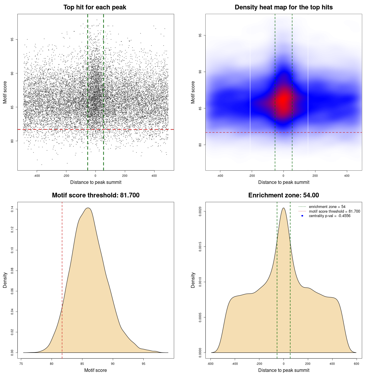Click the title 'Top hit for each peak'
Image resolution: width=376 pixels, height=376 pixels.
95,7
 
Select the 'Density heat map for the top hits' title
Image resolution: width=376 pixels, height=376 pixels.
283,7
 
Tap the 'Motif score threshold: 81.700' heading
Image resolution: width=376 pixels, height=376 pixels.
95,195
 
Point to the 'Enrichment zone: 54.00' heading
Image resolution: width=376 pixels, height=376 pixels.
283,195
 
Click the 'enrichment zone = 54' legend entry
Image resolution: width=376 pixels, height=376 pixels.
327,207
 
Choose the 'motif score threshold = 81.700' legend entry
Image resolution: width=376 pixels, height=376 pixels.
334,211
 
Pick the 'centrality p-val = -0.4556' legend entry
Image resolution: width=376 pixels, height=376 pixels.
330,216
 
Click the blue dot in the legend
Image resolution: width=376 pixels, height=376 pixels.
302,216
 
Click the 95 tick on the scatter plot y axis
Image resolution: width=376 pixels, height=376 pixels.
12,39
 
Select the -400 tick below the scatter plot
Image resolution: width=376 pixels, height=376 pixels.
37,176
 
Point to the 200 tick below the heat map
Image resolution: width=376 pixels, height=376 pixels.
315,176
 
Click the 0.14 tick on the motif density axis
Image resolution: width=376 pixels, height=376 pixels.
12,209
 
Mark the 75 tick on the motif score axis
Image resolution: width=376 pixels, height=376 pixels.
21,364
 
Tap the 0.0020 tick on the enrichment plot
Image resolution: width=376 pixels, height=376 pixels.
200,211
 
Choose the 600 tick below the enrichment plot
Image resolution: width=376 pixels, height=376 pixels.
357,364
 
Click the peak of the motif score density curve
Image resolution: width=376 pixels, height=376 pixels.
88,208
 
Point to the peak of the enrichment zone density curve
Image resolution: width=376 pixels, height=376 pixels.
283,208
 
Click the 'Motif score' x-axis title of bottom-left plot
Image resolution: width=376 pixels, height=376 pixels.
95,370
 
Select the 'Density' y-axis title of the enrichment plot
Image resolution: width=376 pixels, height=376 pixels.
193,280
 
